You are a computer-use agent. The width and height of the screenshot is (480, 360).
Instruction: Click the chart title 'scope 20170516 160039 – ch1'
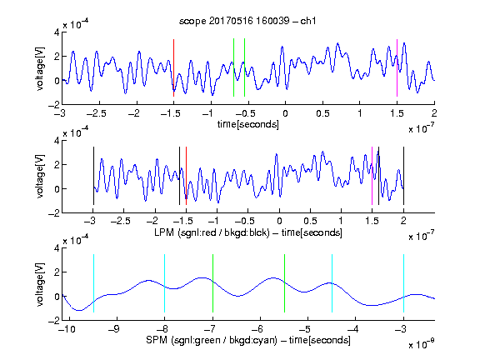coord(247,21)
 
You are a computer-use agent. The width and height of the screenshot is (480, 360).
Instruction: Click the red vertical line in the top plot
coord(173,68)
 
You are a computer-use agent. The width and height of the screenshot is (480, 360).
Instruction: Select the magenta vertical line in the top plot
coord(397,68)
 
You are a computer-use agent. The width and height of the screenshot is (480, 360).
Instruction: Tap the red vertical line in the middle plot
coord(186,176)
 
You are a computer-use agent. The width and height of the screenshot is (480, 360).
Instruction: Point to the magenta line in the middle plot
coord(372,176)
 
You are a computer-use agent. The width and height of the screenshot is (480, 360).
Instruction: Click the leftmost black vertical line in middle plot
coord(93,176)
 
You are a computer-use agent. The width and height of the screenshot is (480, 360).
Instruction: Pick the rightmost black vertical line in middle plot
coord(403,176)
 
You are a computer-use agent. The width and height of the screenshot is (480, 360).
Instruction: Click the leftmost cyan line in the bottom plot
coord(93,283)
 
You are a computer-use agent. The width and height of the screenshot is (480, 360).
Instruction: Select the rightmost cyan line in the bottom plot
coord(403,283)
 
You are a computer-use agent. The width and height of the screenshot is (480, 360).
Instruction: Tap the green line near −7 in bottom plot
coord(212,283)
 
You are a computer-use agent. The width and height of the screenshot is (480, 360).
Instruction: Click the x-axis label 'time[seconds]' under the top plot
coord(248,124)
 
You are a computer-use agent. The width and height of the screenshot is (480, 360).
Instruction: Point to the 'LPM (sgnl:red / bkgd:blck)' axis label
coord(212,232)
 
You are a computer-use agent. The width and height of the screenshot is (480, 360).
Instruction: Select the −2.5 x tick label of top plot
coord(96,113)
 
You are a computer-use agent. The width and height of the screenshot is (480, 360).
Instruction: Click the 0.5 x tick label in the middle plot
coord(310,221)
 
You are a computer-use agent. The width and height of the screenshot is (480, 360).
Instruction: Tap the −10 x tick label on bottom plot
coord(67,329)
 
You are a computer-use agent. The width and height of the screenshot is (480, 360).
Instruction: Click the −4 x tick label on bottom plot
coord(353,329)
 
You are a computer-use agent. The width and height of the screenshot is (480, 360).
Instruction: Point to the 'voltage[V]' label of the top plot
coord(39,68)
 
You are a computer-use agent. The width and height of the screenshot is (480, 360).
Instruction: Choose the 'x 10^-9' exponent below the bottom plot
coord(421,344)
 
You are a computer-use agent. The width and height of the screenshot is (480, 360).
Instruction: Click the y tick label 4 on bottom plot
coord(57,248)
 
